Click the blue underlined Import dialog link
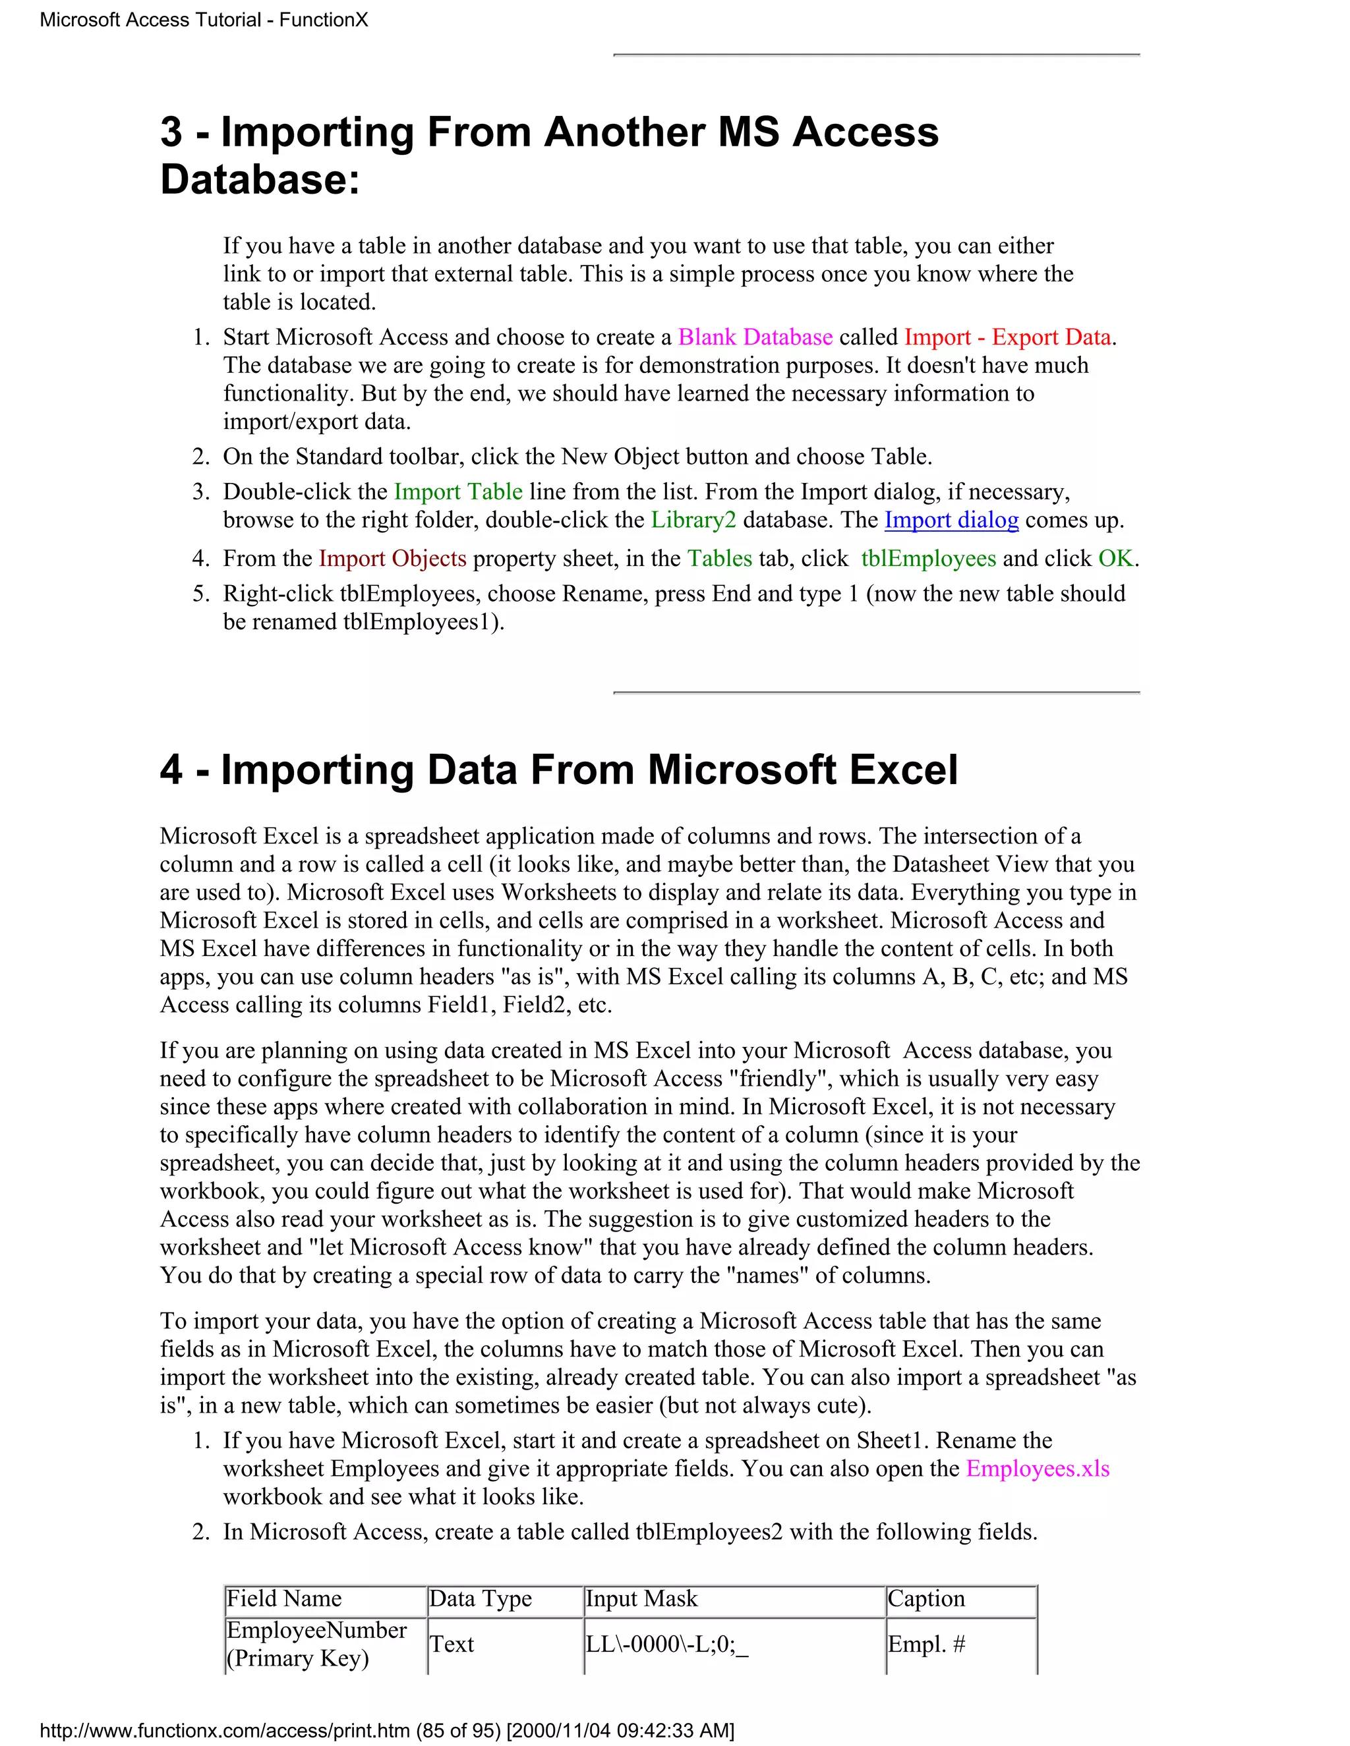point(951,520)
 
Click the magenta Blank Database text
point(755,337)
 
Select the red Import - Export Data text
point(1008,337)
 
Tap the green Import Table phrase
point(458,491)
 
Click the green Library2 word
point(693,520)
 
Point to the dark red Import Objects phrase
point(392,558)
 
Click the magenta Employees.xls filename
point(1038,1469)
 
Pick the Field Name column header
point(285,1599)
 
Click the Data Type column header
point(481,1599)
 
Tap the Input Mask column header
point(642,1599)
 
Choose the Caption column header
point(926,1599)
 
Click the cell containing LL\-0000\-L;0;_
point(667,1645)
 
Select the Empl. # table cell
point(926,1645)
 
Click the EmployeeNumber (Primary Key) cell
point(316,1644)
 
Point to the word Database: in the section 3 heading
point(260,179)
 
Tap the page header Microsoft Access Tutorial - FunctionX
point(204,20)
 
